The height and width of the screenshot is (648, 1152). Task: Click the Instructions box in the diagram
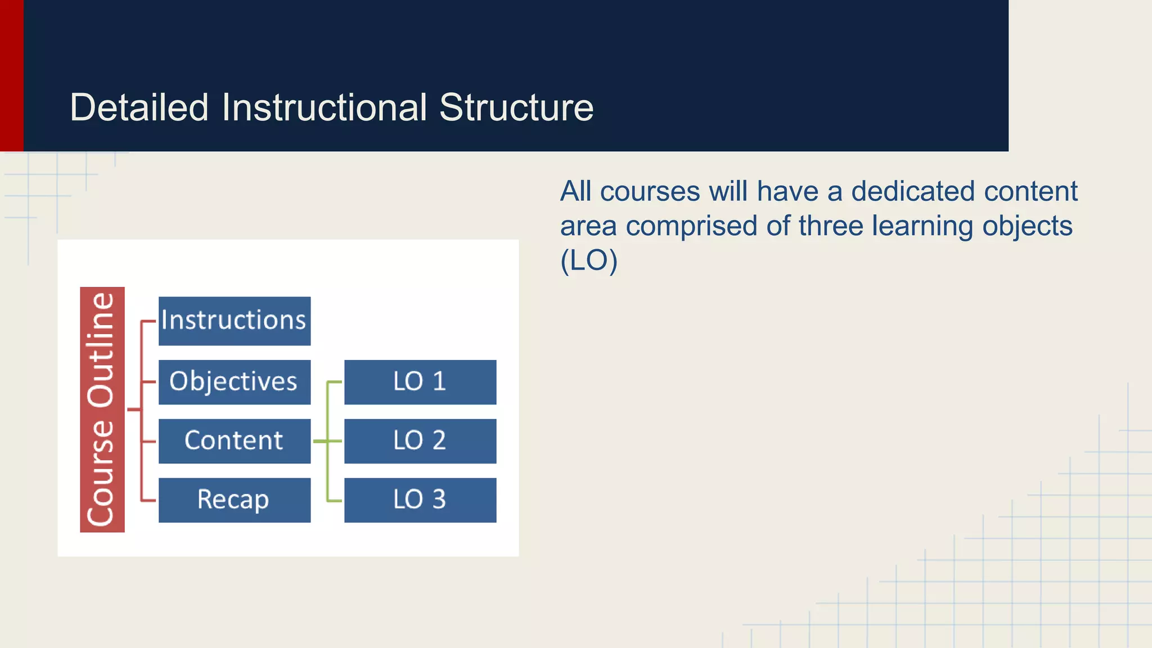(x=234, y=321)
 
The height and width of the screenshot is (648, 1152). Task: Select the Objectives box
(x=234, y=382)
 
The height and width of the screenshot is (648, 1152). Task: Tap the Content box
(x=234, y=441)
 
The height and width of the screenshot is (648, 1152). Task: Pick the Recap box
(x=234, y=500)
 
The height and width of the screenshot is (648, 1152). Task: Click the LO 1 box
(x=420, y=382)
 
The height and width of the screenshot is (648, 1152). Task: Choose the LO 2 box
(x=420, y=441)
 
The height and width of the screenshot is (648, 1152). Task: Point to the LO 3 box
(x=420, y=500)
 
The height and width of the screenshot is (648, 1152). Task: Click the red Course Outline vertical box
(x=102, y=409)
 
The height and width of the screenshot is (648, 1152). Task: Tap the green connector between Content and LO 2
(x=327, y=442)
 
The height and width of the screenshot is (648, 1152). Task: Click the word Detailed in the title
(x=139, y=107)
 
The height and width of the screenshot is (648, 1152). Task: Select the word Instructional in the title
(x=324, y=107)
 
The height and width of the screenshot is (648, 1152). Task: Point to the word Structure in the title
(x=516, y=107)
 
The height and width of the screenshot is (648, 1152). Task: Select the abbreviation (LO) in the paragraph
(x=589, y=260)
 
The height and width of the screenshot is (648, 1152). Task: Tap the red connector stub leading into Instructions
(x=148, y=321)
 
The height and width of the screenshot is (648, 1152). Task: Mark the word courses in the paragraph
(x=650, y=191)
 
